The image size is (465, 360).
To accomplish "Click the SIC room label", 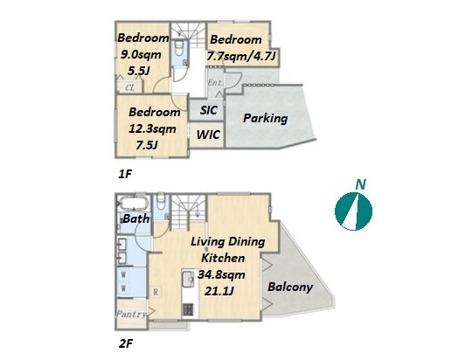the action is coord(209,110).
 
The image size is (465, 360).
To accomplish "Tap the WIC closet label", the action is coord(208,135).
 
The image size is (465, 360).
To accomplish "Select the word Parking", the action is coord(266,118).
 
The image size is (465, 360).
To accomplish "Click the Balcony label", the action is coord(290,287).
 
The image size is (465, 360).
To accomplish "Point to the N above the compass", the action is coord(361,184).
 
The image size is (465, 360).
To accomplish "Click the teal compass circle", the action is coord(353,211).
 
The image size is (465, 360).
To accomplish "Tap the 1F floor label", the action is coord(125,174).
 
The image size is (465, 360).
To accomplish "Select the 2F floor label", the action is coord(126,344).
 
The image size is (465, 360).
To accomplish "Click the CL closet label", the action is coord(130,87).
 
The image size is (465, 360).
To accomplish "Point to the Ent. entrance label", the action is coord(216,82).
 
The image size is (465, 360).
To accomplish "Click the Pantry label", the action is coord(131,314).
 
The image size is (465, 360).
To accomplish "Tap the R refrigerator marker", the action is coord(156,293).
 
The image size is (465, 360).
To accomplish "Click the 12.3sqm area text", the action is coord(152,128).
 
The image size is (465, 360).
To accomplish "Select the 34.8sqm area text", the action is coord(221,274).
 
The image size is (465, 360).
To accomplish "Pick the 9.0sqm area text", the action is coord(141,54).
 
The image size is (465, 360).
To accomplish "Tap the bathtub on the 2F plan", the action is coord(133,204).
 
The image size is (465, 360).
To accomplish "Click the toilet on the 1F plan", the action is coord(179,49).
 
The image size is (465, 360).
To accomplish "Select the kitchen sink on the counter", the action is coord(188,280).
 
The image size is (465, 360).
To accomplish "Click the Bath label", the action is coord(136,218).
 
